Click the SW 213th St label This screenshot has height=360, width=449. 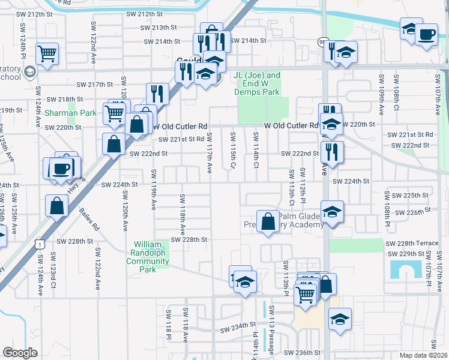[159, 28]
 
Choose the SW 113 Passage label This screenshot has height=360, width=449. [271, 327]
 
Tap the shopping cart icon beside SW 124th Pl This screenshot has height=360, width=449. [47, 53]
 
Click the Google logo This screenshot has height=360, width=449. [20, 353]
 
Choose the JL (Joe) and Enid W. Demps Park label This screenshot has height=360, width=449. [258, 84]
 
